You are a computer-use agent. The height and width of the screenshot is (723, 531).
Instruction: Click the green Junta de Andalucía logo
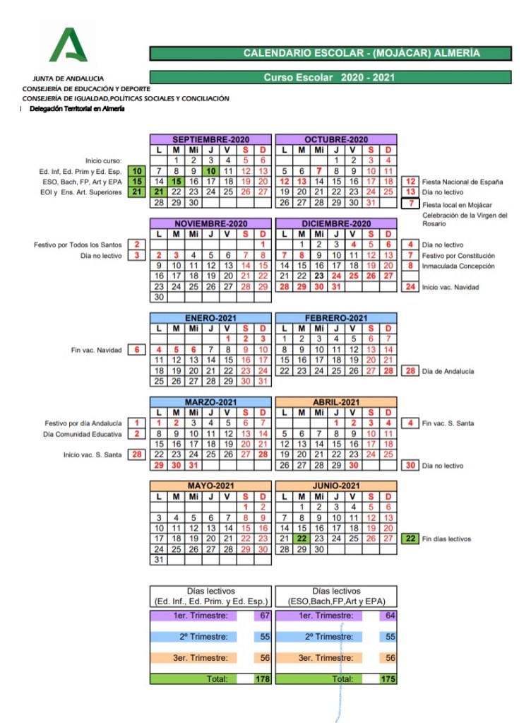pyautogui.click(x=68, y=47)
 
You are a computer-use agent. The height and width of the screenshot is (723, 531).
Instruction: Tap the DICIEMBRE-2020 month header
pyautogui.click(x=336, y=223)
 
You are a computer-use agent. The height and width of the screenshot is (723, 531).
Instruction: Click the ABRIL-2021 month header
pyautogui.click(x=336, y=402)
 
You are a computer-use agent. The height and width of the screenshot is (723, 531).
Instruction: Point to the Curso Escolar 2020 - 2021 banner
pyautogui.click(x=330, y=77)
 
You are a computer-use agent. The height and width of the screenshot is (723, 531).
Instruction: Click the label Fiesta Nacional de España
pyautogui.click(x=463, y=182)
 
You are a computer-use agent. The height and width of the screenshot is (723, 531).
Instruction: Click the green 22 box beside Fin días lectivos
pyautogui.click(x=410, y=539)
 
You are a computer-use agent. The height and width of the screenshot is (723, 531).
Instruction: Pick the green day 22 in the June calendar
pyautogui.click(x=302, y=539)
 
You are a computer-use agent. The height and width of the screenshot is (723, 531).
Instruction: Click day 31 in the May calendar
pyautogui.click(x=159, y=560)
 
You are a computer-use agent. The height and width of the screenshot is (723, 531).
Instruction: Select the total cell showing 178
pyautogui.click(x=263, y=679)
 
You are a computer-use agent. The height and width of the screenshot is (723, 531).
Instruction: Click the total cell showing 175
pyautogui.click(x=388, y=679)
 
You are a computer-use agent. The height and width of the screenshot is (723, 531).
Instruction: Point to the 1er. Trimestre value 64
pyautogui.click(x=389, y=616)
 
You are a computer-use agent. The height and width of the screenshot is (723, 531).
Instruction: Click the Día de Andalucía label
pyautogui.click(x=448, y=371)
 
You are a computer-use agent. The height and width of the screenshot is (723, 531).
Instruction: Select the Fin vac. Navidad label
pyautogui.click(x=96, y=350)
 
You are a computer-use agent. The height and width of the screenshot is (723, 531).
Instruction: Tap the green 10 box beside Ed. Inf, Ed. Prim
pyautogui.click(x=138, y=171)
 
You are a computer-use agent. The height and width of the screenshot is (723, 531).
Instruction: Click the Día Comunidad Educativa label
pyautogui.click(x=88, y=434)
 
